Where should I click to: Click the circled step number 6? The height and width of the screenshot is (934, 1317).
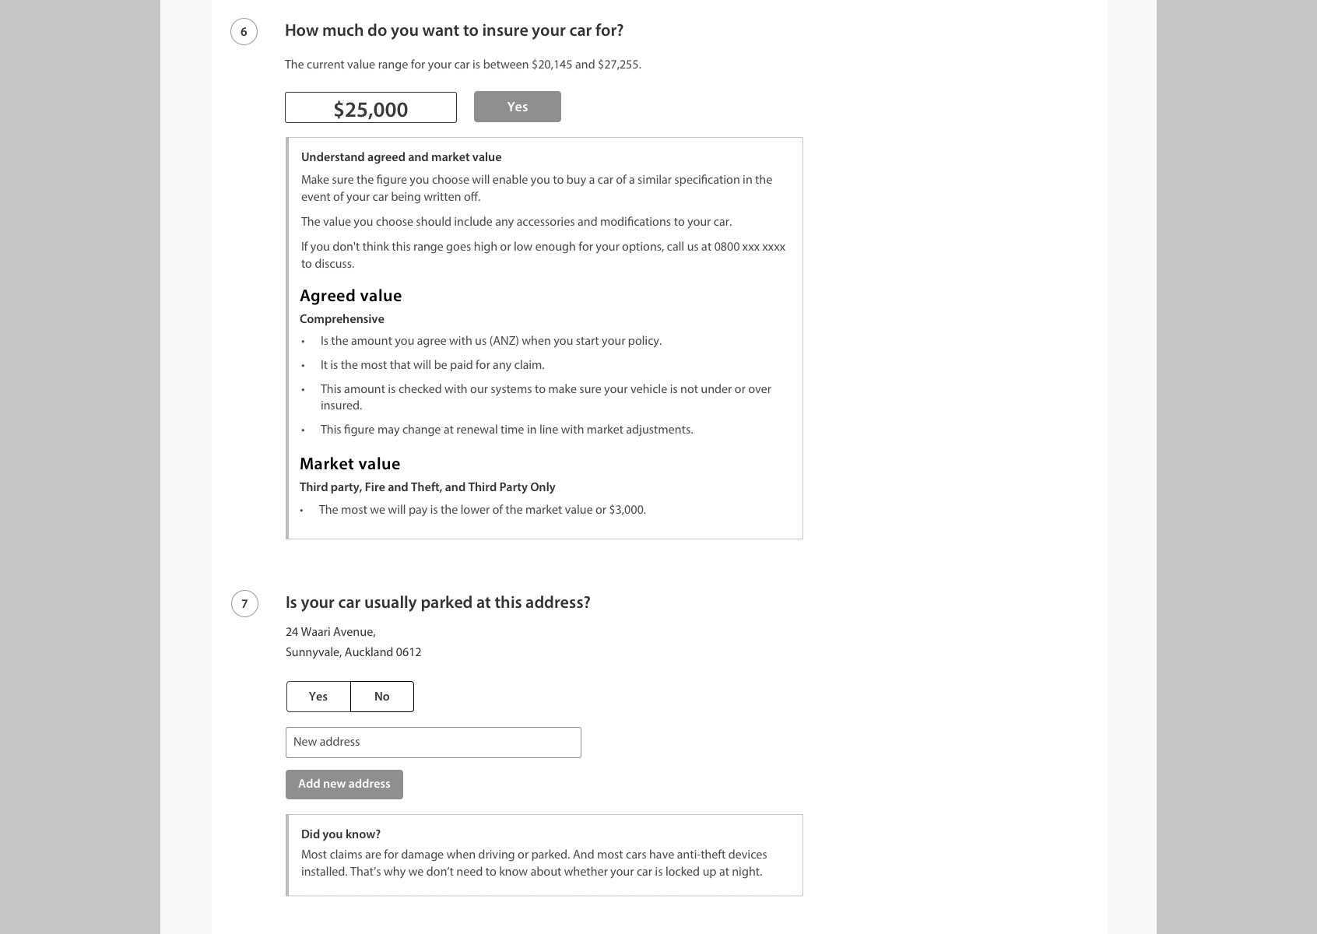click(244, 32)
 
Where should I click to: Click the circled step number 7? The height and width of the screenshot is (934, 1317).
click(244, 604)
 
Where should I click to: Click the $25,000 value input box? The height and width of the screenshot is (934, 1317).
click(371, 108)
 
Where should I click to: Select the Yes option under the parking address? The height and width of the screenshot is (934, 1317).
click(318, 697)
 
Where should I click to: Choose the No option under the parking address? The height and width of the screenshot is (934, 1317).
click(381, 697)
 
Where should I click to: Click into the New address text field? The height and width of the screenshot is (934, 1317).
click(433, 743)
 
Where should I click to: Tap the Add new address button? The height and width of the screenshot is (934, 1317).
click(344, 785)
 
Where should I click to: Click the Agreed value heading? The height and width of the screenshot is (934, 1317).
click(350, 296)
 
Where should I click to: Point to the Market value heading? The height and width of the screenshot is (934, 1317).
click(349, 464)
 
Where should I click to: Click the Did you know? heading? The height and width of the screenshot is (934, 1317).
click(340, 834)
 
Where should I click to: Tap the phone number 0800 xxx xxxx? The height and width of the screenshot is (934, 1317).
click(750, 247)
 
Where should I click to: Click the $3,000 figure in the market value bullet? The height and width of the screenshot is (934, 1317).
click(627, 510)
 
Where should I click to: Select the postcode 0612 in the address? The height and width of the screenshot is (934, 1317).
click(408, 652)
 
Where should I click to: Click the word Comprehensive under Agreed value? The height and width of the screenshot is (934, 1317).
click(342, 319)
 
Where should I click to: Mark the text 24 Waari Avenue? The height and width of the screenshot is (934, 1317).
click(330, 632)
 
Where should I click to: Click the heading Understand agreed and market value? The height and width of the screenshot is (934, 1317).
click(401, 157)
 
